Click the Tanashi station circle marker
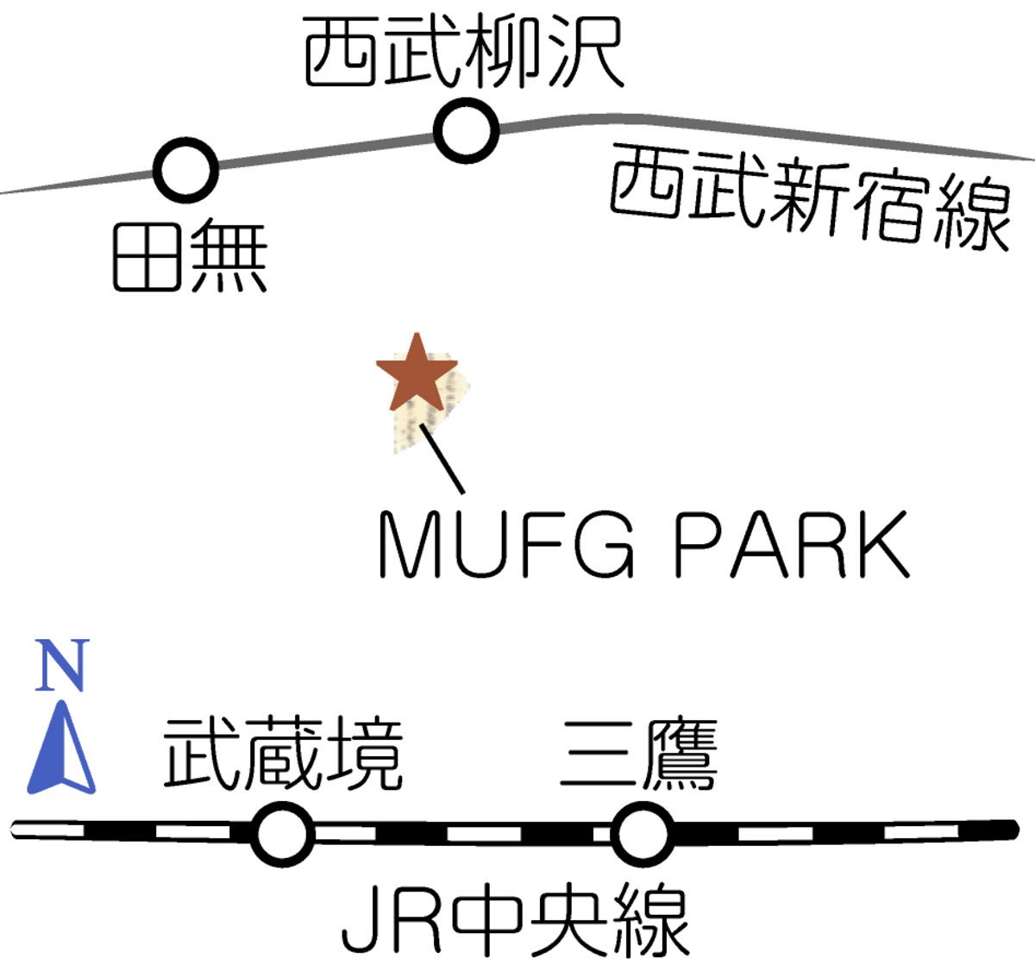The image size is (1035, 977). click(x=185, y=170)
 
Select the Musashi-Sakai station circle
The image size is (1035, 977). click(x=281, y=834)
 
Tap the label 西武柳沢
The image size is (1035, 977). click(x=463, y=54)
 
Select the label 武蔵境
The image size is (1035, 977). click(x=283, y=755)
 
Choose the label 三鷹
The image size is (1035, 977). click(x=638, y=755)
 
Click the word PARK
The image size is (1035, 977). click(x=791, y=546)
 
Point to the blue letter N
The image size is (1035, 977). click(x=62, y=666)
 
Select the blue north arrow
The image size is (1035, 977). click(x=61, y=748)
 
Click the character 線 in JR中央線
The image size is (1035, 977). click(x=649, y=921)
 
